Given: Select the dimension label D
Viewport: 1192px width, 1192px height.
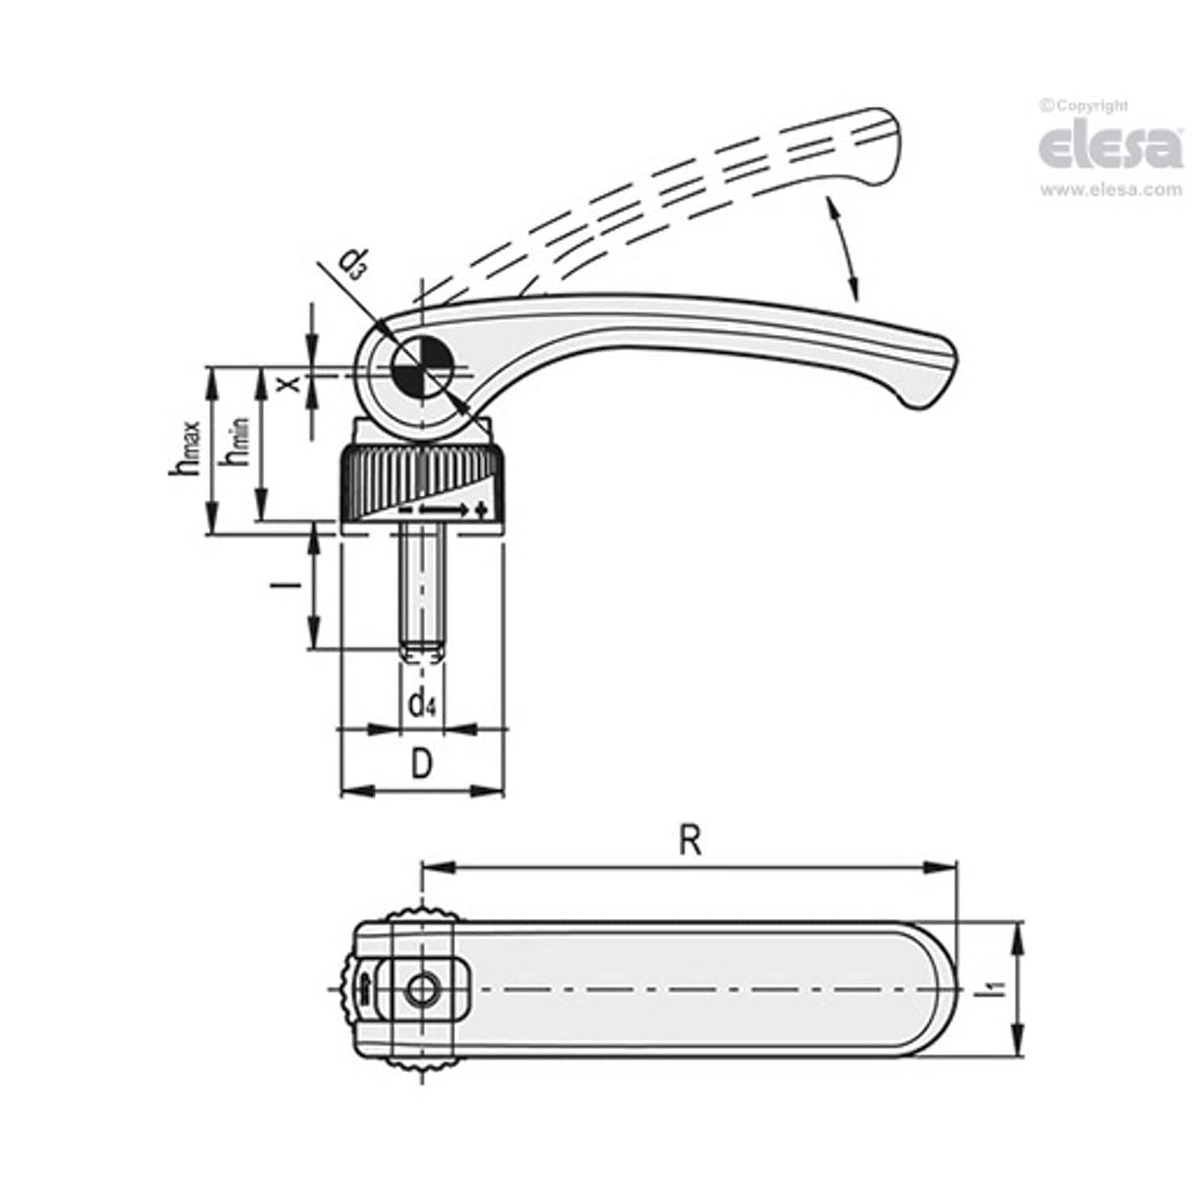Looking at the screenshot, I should tap(420, 764).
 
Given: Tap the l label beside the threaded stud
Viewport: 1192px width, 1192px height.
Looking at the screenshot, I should tap(285, 586).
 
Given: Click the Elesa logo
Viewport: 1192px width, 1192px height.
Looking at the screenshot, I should tap(1110, 147).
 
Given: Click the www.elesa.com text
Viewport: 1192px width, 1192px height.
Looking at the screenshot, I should tap(1111, 190).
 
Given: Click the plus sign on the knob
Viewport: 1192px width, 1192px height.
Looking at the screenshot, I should tap(480, 510).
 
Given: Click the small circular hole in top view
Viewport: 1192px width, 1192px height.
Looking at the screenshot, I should tap(420, 990).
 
